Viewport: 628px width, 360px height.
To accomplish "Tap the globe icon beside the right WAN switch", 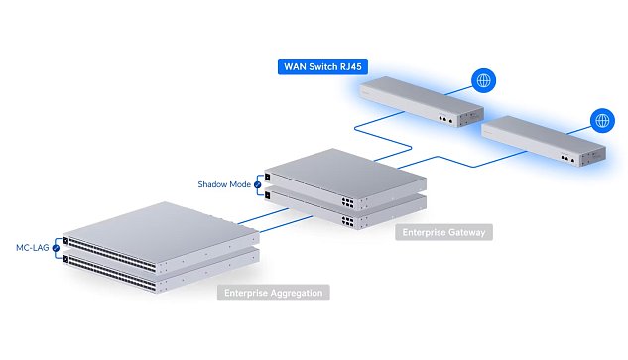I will point(601,121).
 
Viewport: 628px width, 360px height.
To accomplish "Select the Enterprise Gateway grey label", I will point(444,232).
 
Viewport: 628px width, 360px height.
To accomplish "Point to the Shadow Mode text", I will point(223,183).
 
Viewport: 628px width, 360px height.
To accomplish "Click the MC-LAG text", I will point(30,246).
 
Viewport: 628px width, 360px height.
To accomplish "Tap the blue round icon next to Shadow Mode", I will point(258,183).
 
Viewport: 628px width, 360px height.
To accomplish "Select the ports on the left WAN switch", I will point(442,118).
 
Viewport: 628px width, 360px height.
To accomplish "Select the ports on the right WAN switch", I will point(565,157).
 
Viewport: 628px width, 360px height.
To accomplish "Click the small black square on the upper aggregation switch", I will point(66,239).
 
